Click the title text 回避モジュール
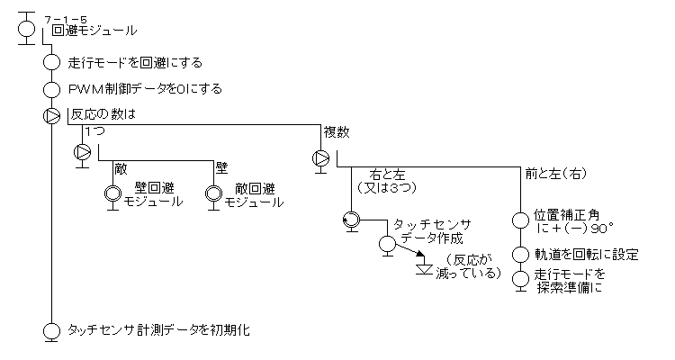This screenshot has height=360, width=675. [94, 31]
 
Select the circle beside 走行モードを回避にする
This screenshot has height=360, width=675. [51, 63]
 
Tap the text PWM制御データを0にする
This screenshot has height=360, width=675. [145, 89]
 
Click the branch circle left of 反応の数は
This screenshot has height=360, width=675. [51, 115]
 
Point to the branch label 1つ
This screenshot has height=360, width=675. [94, 131]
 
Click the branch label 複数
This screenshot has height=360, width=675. [336, 131]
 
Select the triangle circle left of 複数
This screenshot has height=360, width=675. [320, 158]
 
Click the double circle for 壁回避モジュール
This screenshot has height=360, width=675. [113, 193]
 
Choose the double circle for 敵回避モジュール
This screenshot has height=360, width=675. [213, 193]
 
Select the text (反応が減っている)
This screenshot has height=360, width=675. [469, 266]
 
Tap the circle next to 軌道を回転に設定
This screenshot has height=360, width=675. [519, 255]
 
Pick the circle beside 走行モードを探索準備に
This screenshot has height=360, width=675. [519, 278]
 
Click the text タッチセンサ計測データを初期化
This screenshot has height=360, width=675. [158, 329]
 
